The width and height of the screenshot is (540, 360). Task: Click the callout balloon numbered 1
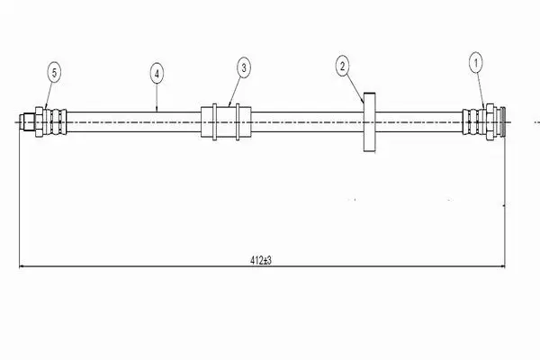pyautogui.click(x=476, y=63)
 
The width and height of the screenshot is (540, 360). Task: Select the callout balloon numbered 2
pyautogui.click(x=342, y=66)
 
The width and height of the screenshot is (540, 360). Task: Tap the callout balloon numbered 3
pyautogui.click(x=244, y=67)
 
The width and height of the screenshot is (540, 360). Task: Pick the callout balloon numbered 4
pyautogui.click(x=157, y=74)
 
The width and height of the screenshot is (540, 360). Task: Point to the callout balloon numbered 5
pyautogui.click(x=54, y=73)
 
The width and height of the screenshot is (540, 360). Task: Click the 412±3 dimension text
pyautogui.click(x=261, y=260)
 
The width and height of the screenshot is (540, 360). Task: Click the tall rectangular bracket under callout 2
pyautogui.click(x=370, y=122)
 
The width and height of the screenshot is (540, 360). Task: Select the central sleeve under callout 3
pyautogui.click(x=226, y=122)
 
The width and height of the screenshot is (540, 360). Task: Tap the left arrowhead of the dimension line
pyautogui.click(x=22, y=266)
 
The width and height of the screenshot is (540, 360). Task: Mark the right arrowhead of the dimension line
pyautogui.click(x=502, y=266)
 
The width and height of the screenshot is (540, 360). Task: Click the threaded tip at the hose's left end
pyautogui.click(x=27, y=122)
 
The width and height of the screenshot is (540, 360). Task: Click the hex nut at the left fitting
pyautogui.click(x=39, y=122)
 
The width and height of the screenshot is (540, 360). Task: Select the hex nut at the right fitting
pyautogui.click(x=490, y=122)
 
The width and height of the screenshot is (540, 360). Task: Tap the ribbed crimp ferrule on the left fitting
pyautogui.click(x=55, y=122)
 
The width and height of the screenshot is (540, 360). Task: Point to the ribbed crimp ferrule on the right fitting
pyautogui.click(x=473, y=122)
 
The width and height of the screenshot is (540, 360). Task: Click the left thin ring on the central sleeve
pyautogui.click(x=214, y=122)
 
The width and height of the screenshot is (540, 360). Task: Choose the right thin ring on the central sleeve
pyautogui.click(x=238, y=122)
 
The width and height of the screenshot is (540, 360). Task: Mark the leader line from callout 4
pyautogui.click(x=157, y=98)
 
